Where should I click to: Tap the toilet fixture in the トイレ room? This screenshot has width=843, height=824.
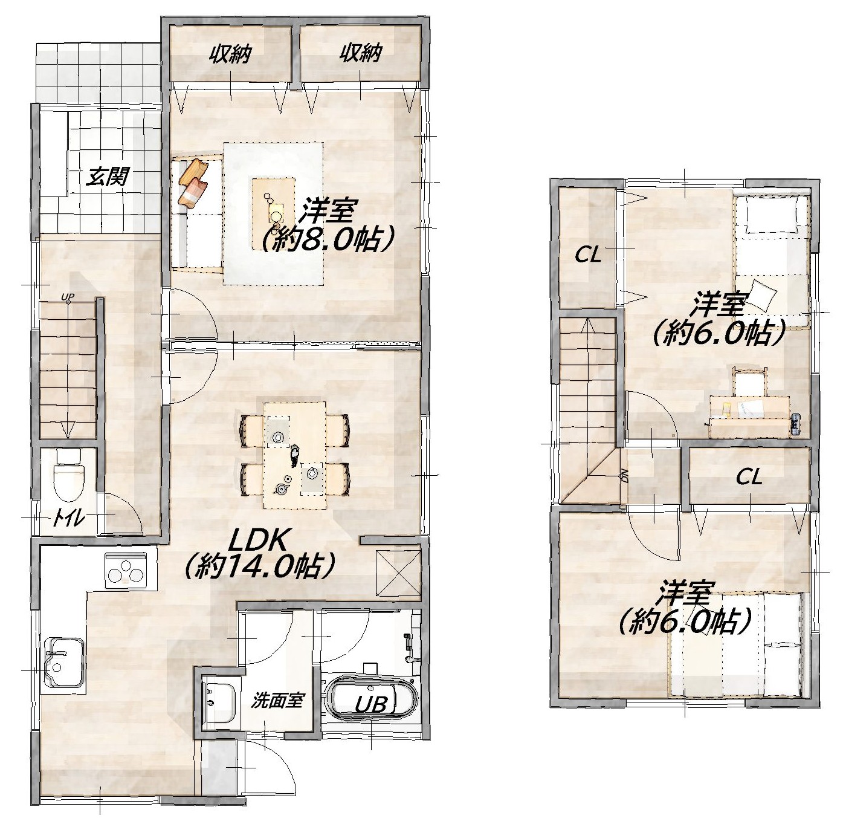(x=68, y=474)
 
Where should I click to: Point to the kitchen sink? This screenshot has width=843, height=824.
(x=64, y=662)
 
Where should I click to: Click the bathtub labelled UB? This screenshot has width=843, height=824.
(x=372, y=699)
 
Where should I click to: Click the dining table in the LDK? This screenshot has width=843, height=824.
(x=294, y=455)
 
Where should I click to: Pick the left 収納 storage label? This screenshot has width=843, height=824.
(x=231, y=54)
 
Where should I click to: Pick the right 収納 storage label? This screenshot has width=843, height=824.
(x=360, y=54)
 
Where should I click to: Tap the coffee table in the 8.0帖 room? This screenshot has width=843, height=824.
(x=273, y=212)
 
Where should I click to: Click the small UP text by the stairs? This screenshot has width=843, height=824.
(x=68, y=297)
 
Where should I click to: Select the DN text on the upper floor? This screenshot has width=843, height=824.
(x=624, y=478)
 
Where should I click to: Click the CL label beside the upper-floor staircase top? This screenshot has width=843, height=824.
(x=588, y=256)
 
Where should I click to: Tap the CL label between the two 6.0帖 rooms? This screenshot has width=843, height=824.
(x=749, y=478)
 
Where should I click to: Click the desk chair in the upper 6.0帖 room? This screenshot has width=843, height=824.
(x=749, y=381)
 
